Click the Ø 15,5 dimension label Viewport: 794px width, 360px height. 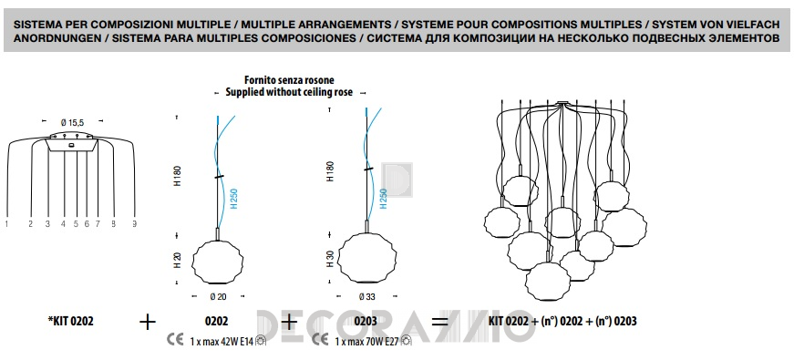click(72, 122)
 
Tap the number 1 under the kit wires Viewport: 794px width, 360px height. click(7, 223)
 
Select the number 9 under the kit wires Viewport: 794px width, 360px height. click(135, 223)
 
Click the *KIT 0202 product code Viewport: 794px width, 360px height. click(70, 321)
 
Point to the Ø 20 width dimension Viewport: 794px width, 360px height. click(217, 297)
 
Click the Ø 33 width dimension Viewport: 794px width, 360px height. click(366, 297)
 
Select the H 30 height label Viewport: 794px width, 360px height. click(330, 259)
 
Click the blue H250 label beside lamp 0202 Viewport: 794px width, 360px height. click(234, 199)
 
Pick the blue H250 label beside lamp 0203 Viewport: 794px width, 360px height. click(384, 199)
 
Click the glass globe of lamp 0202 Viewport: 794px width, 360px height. click(218, 262)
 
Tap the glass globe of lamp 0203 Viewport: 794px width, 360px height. click(366, 259)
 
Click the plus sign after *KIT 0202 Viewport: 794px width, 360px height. click(148, 322)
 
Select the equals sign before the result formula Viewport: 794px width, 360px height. click(439, 322)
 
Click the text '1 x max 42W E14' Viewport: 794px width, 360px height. click(222, 341)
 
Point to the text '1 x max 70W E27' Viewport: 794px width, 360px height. click(366, 341)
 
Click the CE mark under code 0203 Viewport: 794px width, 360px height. click(320, 340)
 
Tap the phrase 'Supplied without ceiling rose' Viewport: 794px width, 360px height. click(289, 92)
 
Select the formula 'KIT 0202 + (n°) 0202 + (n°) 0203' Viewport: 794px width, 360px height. click(562, 321)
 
